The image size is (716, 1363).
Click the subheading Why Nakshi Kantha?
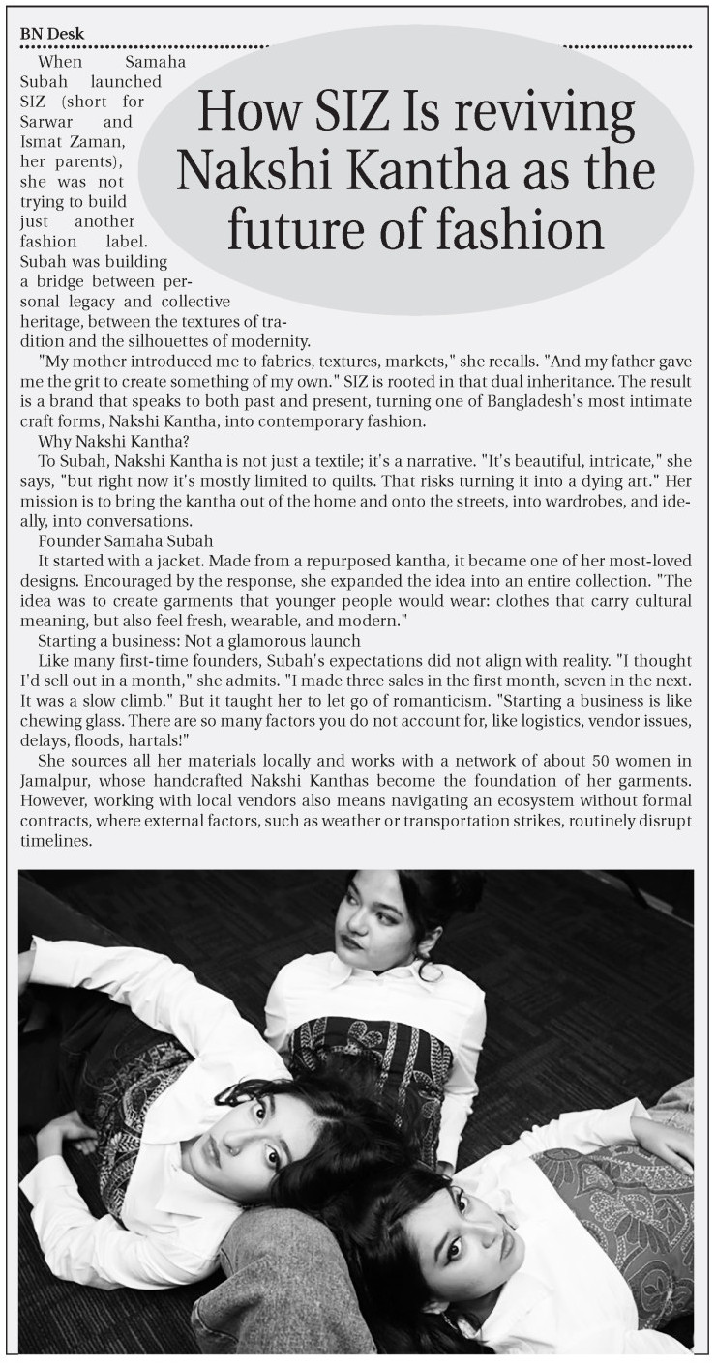point(114,442)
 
